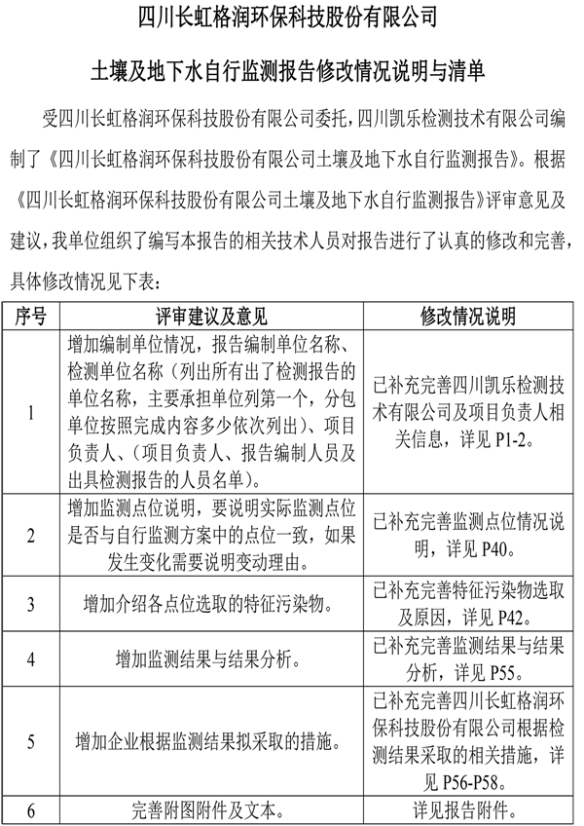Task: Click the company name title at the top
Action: coord(291,18)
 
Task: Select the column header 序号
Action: coord(31,317)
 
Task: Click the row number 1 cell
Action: coord(31,412)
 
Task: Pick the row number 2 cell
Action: coord(31,535)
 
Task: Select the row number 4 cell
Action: coord(31,658)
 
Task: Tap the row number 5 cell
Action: coord(31,741)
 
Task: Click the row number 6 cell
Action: coord(31,808)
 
